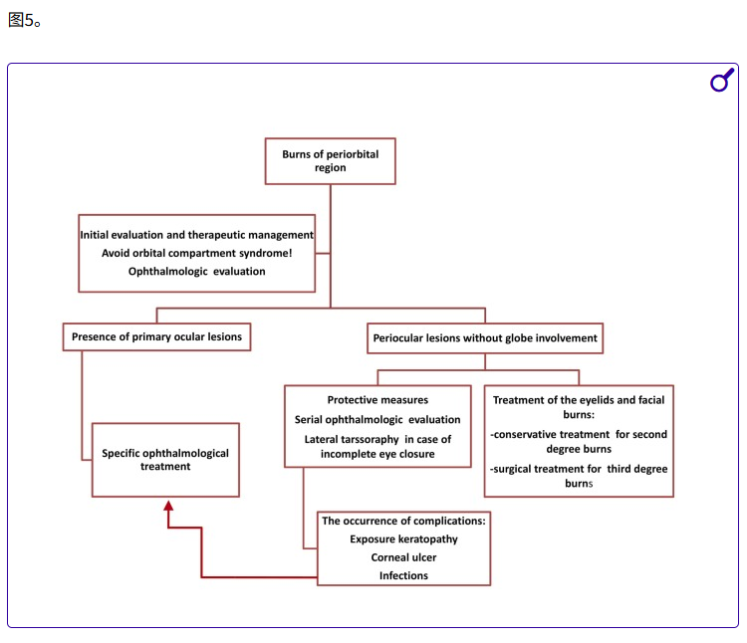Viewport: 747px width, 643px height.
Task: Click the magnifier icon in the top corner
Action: [x=721, y=81]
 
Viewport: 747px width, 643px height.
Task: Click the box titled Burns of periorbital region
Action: [x=330, y=161]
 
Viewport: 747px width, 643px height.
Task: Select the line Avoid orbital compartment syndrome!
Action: [x=196, y=253]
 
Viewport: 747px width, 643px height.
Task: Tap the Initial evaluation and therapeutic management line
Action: [x=196, y=235]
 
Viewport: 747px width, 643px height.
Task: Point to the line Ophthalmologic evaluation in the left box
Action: [x=196, y=271]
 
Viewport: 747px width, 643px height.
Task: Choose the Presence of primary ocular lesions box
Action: [x=156, y=337]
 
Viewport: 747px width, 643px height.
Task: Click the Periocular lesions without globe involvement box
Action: [x=485, y=338]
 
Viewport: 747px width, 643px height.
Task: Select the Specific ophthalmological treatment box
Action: [x=165, y=460]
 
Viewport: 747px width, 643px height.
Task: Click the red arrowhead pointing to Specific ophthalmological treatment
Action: [x=168, y=507]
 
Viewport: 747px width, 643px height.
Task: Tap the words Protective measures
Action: [x=377, y=400]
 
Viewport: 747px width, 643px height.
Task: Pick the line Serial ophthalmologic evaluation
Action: [x=377, y=420]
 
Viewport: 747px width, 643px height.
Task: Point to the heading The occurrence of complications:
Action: [x=403, y=521]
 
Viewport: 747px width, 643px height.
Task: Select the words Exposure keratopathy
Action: [x=403, y=539]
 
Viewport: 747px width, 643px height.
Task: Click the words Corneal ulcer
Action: [x=403, y=557]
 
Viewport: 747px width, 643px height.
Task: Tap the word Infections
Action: [x=403, y=576]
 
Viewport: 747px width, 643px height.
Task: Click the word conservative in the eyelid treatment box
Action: [x=533, y=435]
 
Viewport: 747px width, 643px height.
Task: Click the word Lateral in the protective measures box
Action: [x=324, y=440]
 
